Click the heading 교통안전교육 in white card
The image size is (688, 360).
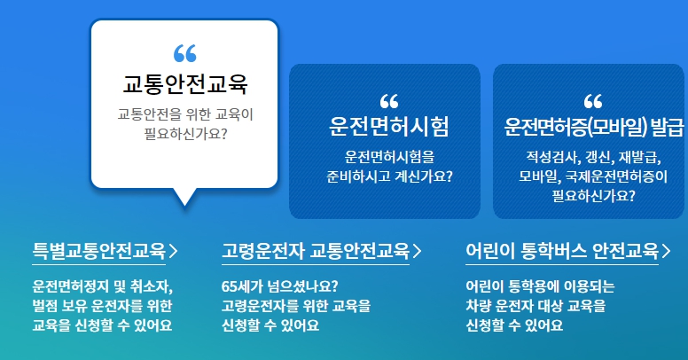pyautogui.click(x=184, y=85)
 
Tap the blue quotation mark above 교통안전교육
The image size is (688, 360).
pyautogui.click(x=184, y=54)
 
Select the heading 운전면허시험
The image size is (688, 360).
pyautogui.click(x=388, y=127)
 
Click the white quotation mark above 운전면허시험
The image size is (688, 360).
pyautogui.click(x=388, y=100)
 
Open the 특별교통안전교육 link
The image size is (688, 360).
pyautogui.click(x=98, y=251)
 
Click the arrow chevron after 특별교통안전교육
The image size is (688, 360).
pyautogui.click(x=173, y=251)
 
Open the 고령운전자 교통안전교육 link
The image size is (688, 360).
pyautogui.click(x=316, y=251)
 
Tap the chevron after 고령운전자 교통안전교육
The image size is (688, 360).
pyautogui.click(x=418, y=251)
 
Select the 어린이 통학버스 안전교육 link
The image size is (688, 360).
pyautogui.click(x=562, y=251)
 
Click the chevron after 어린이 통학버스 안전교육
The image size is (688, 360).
pyautogui.click(x=666, y=251)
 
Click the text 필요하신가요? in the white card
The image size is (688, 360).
pyautogui.click(x=184, y=136)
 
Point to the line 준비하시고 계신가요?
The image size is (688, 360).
pyautogui.click(x=388, y=176)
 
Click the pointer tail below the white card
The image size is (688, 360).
pyautogui.click(x=184, y=197)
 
